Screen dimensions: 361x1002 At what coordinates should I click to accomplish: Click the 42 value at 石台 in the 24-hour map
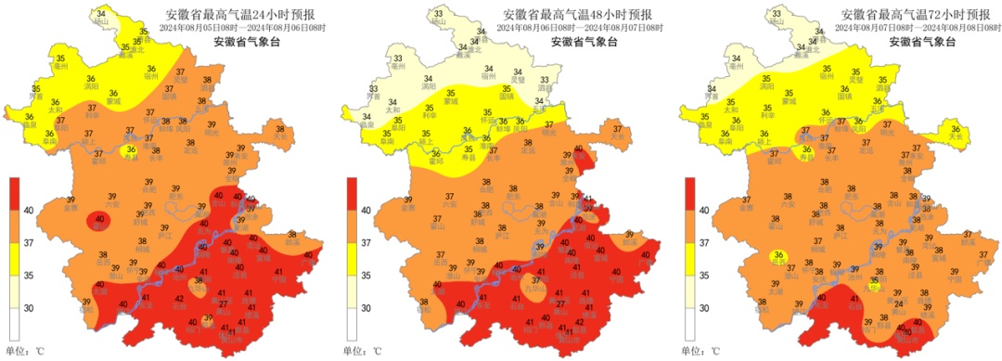tap(180, 299)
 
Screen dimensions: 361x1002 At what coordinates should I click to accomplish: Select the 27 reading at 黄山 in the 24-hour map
tap(223, 304)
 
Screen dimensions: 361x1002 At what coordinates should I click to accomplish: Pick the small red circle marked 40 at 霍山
tap(99, 219)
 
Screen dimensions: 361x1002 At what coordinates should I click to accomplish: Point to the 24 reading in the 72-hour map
tap(898, 304)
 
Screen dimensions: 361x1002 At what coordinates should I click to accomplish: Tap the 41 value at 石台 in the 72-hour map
tap(855, 299)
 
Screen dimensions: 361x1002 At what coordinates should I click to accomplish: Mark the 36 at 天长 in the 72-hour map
tap(956, 130)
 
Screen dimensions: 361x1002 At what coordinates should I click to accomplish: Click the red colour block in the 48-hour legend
tap(353, 195)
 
